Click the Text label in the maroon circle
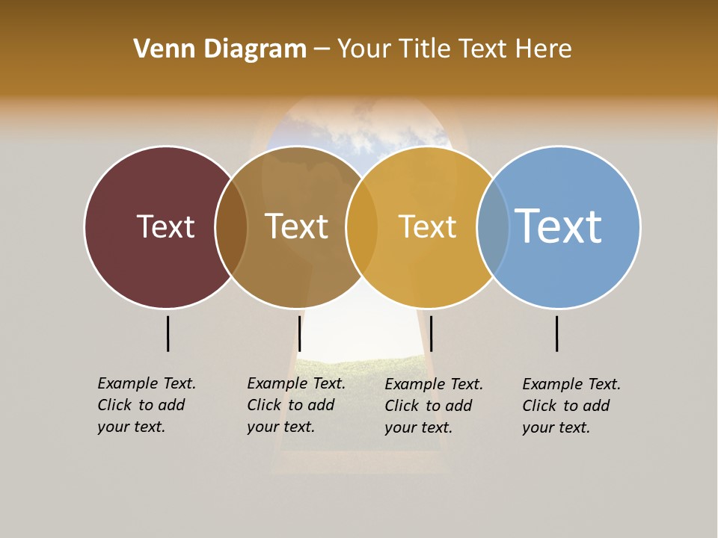coord(165,226)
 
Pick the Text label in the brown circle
coord(297,226)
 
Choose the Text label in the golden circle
coord(427,226)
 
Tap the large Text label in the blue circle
coord(558,226)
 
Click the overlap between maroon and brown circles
coord(231,227)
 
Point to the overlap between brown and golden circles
coord(362,227)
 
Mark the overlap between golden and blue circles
coord(493,227)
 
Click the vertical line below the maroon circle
coord(168,333)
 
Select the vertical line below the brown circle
coord(299,333)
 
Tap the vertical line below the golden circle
coord(431,333)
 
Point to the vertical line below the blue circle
coord(556,333)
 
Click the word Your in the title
coord(363,49)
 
